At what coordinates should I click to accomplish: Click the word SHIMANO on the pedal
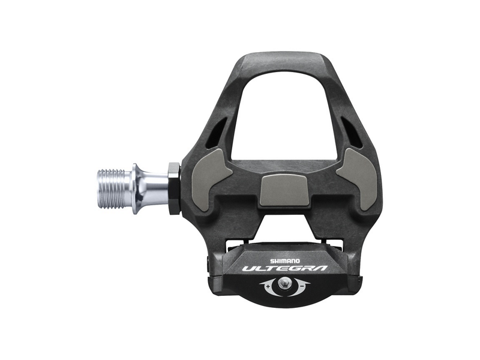coord(286,254)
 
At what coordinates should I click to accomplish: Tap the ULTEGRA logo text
coord(285,268)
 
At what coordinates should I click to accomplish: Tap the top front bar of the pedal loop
coord(283,60)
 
